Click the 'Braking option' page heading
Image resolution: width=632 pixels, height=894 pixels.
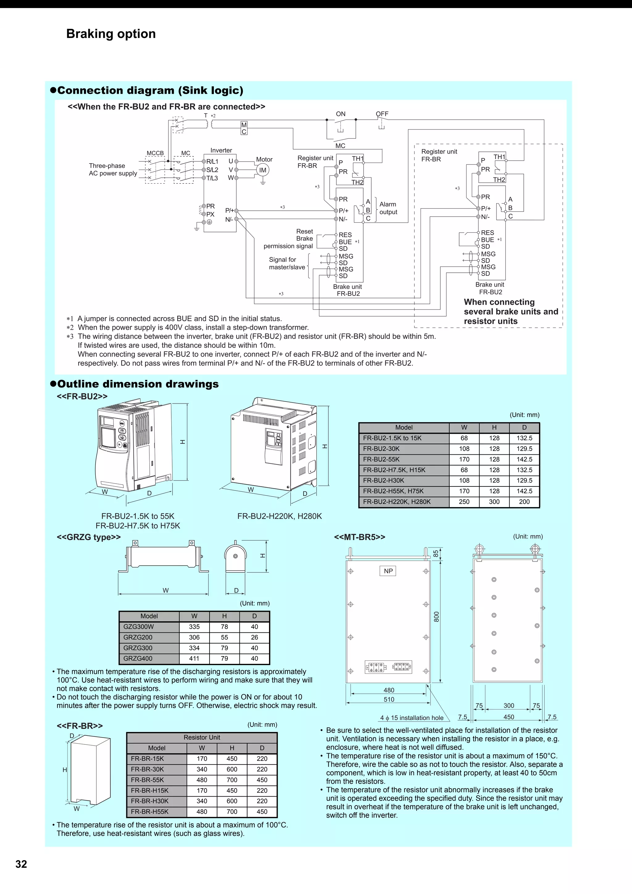(111, 34)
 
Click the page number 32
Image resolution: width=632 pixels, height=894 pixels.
(21, 864)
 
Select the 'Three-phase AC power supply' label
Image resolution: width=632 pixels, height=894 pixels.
(113, 169)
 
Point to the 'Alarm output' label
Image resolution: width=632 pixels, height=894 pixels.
(388, 208)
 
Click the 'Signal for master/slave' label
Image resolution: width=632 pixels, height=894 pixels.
(287, 263)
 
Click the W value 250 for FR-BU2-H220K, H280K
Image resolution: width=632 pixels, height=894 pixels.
(464, 502)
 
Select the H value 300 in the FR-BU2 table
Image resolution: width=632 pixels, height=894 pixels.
(494, 502)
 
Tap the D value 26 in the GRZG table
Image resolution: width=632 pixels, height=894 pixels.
(254, 637)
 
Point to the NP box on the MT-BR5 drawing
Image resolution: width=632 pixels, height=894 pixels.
(388, 571)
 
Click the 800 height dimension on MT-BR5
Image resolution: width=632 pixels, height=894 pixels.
(437, 616)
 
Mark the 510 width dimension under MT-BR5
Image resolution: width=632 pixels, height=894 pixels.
(389, 699)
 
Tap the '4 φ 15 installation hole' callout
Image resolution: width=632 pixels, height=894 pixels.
(412, 718)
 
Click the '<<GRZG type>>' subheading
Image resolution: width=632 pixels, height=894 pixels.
(89, 537)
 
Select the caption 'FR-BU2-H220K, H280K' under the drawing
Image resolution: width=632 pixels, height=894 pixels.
(280, 516)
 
